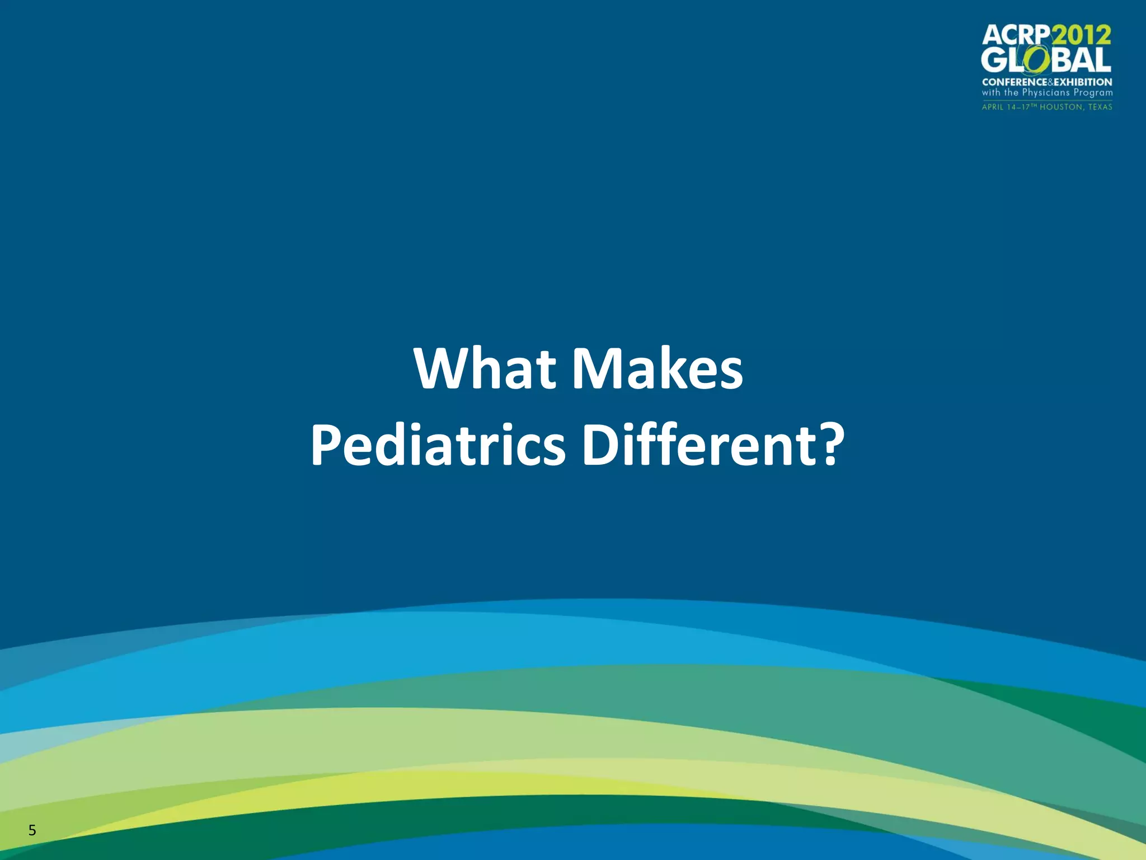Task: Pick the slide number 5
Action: pos(32,830)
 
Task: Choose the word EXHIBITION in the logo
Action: pos(1083,82)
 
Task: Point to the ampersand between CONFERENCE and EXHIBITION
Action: pos(1050,82)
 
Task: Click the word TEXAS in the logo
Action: pos(1100,107)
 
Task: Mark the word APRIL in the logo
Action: pos(993,107)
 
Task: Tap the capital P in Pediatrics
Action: pos(324,446)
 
